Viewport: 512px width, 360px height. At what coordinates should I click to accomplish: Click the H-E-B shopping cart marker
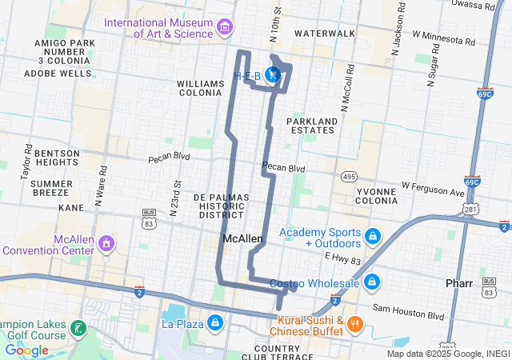tap(273, 75)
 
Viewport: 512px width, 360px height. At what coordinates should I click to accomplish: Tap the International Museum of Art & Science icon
tap(225, 28)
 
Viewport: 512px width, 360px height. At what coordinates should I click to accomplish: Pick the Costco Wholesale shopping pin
tap(372, 283)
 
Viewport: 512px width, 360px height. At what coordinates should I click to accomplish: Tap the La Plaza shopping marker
tap(214, 323)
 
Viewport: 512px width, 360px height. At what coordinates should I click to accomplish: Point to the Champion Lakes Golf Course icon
tap(78, 327)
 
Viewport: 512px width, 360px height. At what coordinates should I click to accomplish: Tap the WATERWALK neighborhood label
tap(325, 34)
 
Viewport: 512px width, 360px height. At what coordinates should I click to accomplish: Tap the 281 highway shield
tap(471, 210)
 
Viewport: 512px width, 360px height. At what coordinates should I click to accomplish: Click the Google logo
tap(27, 350)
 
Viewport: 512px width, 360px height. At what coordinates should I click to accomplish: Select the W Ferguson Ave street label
tap(433, 189)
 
